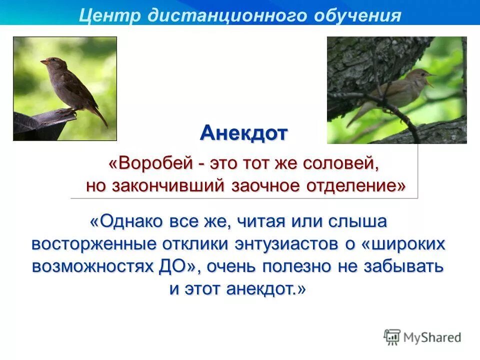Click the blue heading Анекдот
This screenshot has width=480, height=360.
coord(244,133)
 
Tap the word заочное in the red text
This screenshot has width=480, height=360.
coord(270,185)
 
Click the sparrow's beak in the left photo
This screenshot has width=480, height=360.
coord(43,62)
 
